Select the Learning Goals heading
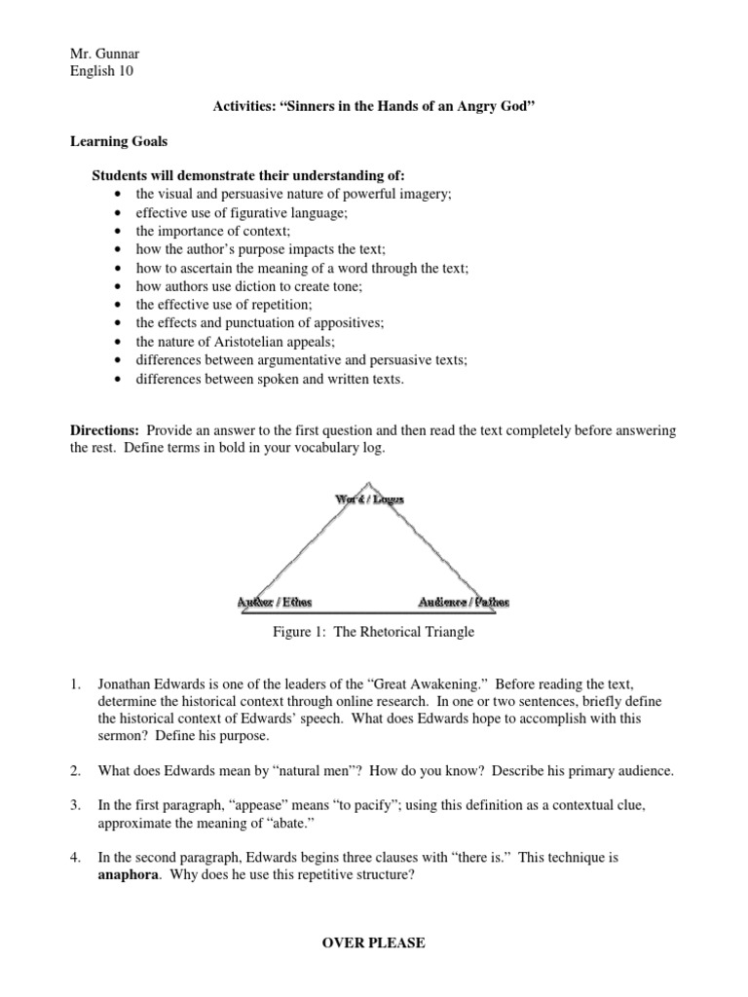tap(119, 141)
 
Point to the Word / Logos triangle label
tap(369, 498)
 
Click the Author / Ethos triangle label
tap(276, 602)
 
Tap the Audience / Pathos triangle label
tap(463, 602)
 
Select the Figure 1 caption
tap(373, 632)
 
